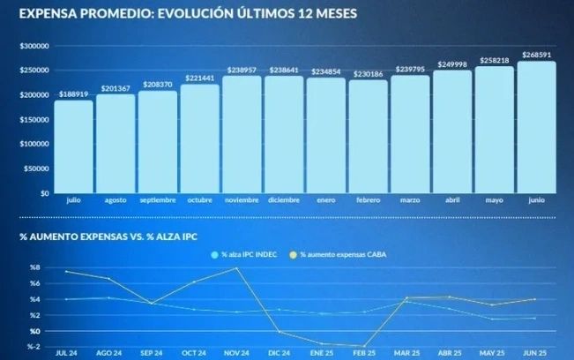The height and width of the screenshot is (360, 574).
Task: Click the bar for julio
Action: click(73, 146)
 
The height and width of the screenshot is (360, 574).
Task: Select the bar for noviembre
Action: click(242, 134)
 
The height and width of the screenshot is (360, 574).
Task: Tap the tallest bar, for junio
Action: click(536, 127)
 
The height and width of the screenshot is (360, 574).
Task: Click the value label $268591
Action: click(536, 55)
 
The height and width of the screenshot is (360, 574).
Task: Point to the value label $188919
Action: click(73, 94)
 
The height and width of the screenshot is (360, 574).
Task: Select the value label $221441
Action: click(200, 78)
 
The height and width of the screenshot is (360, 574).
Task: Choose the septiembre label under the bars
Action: click(157, 200)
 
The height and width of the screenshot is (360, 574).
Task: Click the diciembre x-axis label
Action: click(283, 200)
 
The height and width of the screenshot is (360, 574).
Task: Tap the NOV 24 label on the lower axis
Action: click(236, 351)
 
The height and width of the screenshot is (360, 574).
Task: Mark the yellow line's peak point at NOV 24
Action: click(236, 268)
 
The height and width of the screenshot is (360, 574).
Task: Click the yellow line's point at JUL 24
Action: click(66, 272)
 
